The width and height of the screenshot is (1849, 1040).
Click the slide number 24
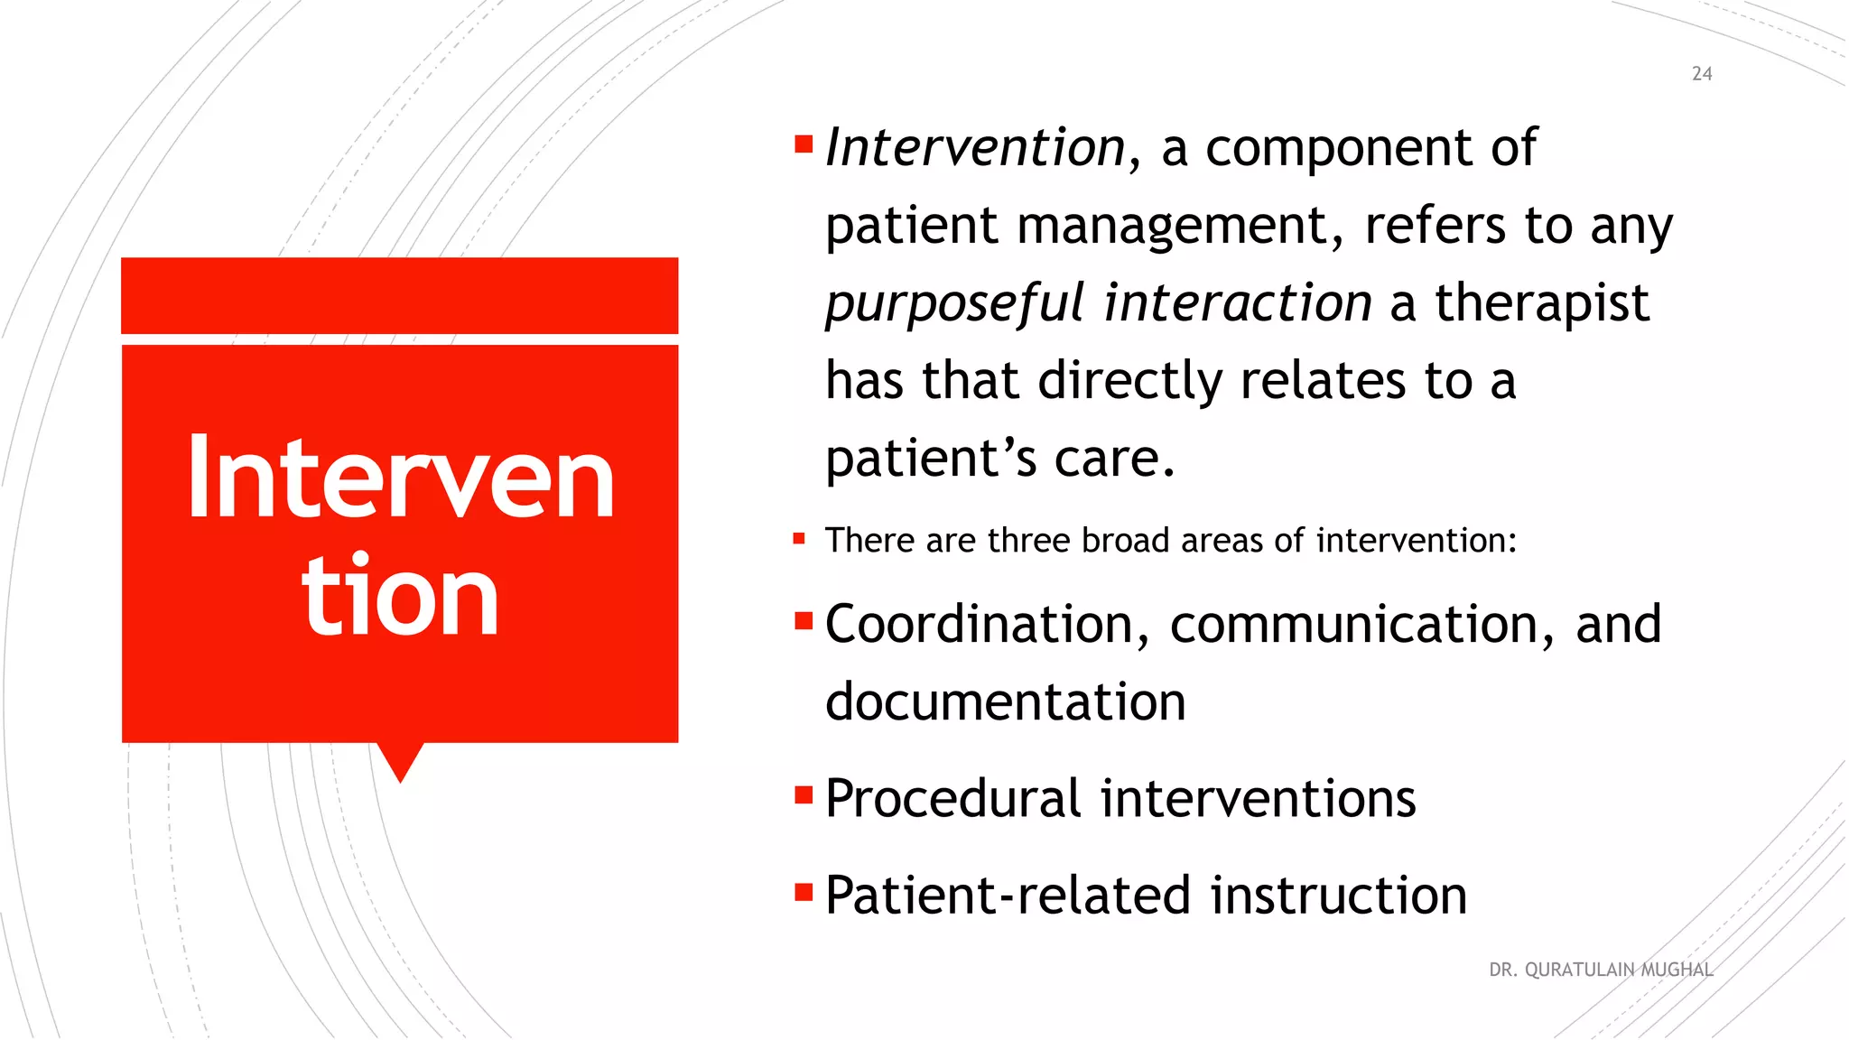(x=1701, y=74)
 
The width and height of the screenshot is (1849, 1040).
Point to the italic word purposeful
(x=953, y=304)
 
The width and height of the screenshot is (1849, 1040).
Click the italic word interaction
(x=1238, y=302)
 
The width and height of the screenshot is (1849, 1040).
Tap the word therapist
(x=1542, y=304)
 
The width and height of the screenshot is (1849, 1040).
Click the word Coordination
(x=979, y=624)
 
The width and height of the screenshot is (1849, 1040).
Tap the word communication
(x=1354, y=624)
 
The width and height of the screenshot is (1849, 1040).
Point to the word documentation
(x=1005, y=701)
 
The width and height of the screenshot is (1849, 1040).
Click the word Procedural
(x=952, y=798)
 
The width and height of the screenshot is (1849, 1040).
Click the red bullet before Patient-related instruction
(x=804, y=892)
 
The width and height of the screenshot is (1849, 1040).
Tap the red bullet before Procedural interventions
(x=804, y=795)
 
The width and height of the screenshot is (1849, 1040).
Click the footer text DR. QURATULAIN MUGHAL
(x=1600, y=970)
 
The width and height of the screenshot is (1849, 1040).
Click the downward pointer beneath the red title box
(x=400, y=760)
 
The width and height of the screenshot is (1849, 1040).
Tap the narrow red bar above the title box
(x=399, y=295)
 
